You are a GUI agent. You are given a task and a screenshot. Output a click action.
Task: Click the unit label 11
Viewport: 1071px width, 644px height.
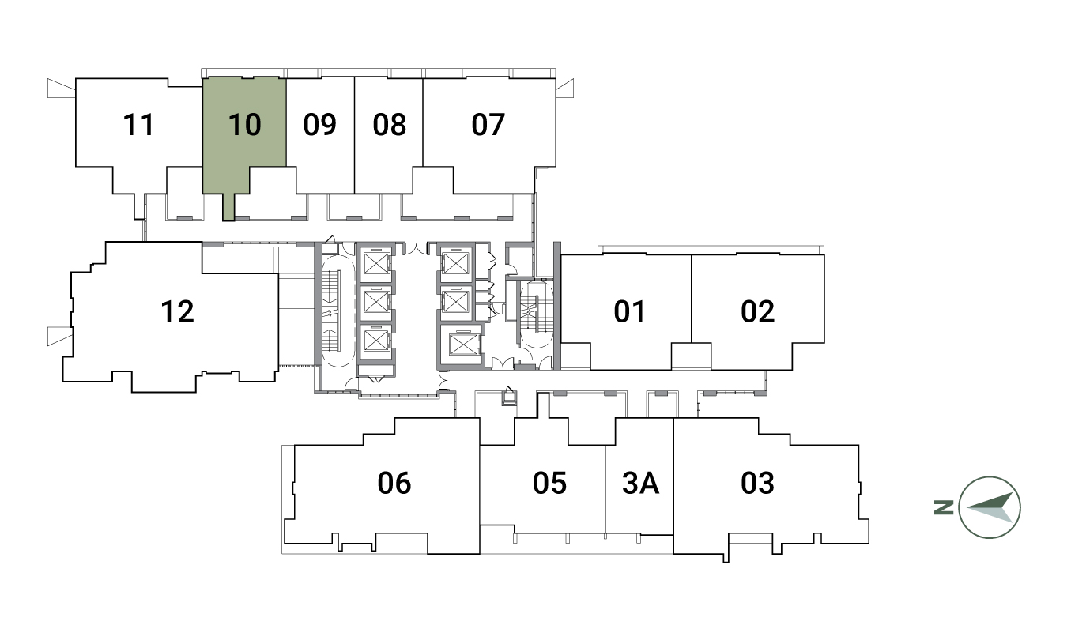pyautogui.click(x=138, y=125)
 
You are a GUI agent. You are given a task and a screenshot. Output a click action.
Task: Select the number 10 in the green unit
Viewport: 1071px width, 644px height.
pyautogui.click(x=244, y=125)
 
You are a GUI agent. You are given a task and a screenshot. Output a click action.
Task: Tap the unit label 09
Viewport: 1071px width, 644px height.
pyautogui.click(x=320, y=125)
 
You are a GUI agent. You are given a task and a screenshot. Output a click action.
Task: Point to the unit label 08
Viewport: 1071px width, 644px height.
pyautogui.click(x=389, y=125)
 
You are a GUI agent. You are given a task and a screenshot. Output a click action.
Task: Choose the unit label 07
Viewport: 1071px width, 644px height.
pyautogui.click(x=488, y=125)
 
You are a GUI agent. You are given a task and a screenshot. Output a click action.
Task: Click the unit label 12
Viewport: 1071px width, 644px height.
pyautogui.click(x=177, y=311)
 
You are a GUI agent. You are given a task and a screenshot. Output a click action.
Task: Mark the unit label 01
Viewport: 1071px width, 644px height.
pyautogui.click(x=629, y=311)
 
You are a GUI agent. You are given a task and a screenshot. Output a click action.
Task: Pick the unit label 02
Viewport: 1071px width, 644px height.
pyautogui.click(x=758, y=311)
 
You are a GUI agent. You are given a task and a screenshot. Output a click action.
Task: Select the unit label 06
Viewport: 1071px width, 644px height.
pyautogui.click(x=394, y=483)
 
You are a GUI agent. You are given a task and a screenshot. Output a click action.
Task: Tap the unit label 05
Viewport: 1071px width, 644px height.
pyautogui.click(x=549, y=483)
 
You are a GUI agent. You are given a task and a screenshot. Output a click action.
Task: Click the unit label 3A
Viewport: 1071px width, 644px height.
pyautogui.click(x=641, y=483)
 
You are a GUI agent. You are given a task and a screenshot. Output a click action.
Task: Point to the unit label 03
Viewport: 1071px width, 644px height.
pyautogui.click(x=758, y=483)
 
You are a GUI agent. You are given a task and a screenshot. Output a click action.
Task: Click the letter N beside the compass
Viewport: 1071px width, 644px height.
pyautogui.click(x=944, y=507)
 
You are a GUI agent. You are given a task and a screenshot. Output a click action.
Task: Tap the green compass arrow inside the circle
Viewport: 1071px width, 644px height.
pyautogui.click(x=990, y=507)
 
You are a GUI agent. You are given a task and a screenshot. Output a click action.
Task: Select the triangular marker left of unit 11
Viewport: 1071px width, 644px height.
pyautogui.click(x=61, y=89)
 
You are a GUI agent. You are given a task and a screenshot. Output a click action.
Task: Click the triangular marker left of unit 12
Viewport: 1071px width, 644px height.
pyautogui.click(x=60, y=336)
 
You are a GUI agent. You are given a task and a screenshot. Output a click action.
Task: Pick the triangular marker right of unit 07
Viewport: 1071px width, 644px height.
pyautogui.click(x=564, y=89)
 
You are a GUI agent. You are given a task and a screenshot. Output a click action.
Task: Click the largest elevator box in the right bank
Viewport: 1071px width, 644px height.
pyautogui.click(x=463, y=345)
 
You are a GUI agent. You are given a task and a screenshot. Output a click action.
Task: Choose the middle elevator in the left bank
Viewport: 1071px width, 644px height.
pyautogui.click(x=376, y=302)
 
